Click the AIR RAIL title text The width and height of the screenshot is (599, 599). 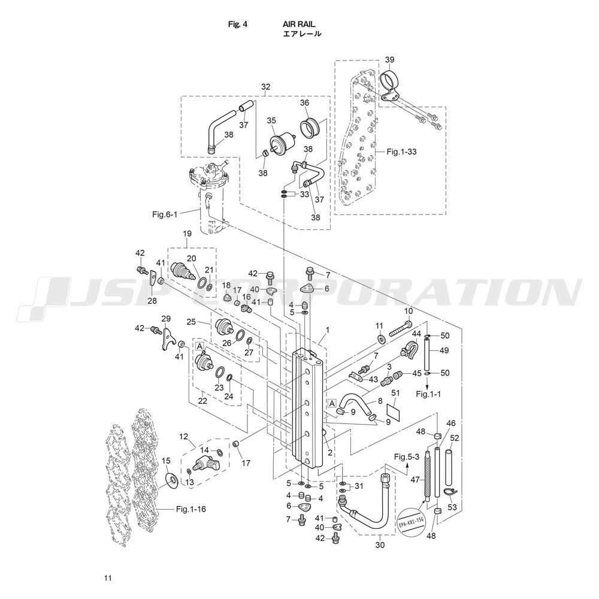point(299,24)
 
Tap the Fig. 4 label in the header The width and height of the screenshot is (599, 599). point(238,24)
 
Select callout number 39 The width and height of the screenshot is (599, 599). point(390,59)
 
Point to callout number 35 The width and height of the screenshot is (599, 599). point(271,120)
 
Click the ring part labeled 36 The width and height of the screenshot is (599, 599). point(310,128)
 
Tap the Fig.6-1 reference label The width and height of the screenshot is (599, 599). point(165,214)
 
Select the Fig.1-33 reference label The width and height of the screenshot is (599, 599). point(401,152)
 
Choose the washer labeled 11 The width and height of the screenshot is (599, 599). point(381,338)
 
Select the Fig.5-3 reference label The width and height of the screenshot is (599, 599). point(407,456)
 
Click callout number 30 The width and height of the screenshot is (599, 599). point(380,545)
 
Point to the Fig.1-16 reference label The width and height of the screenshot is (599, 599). point(191,509)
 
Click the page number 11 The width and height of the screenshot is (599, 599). point(108,578)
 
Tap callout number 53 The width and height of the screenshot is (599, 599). point(452,507)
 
